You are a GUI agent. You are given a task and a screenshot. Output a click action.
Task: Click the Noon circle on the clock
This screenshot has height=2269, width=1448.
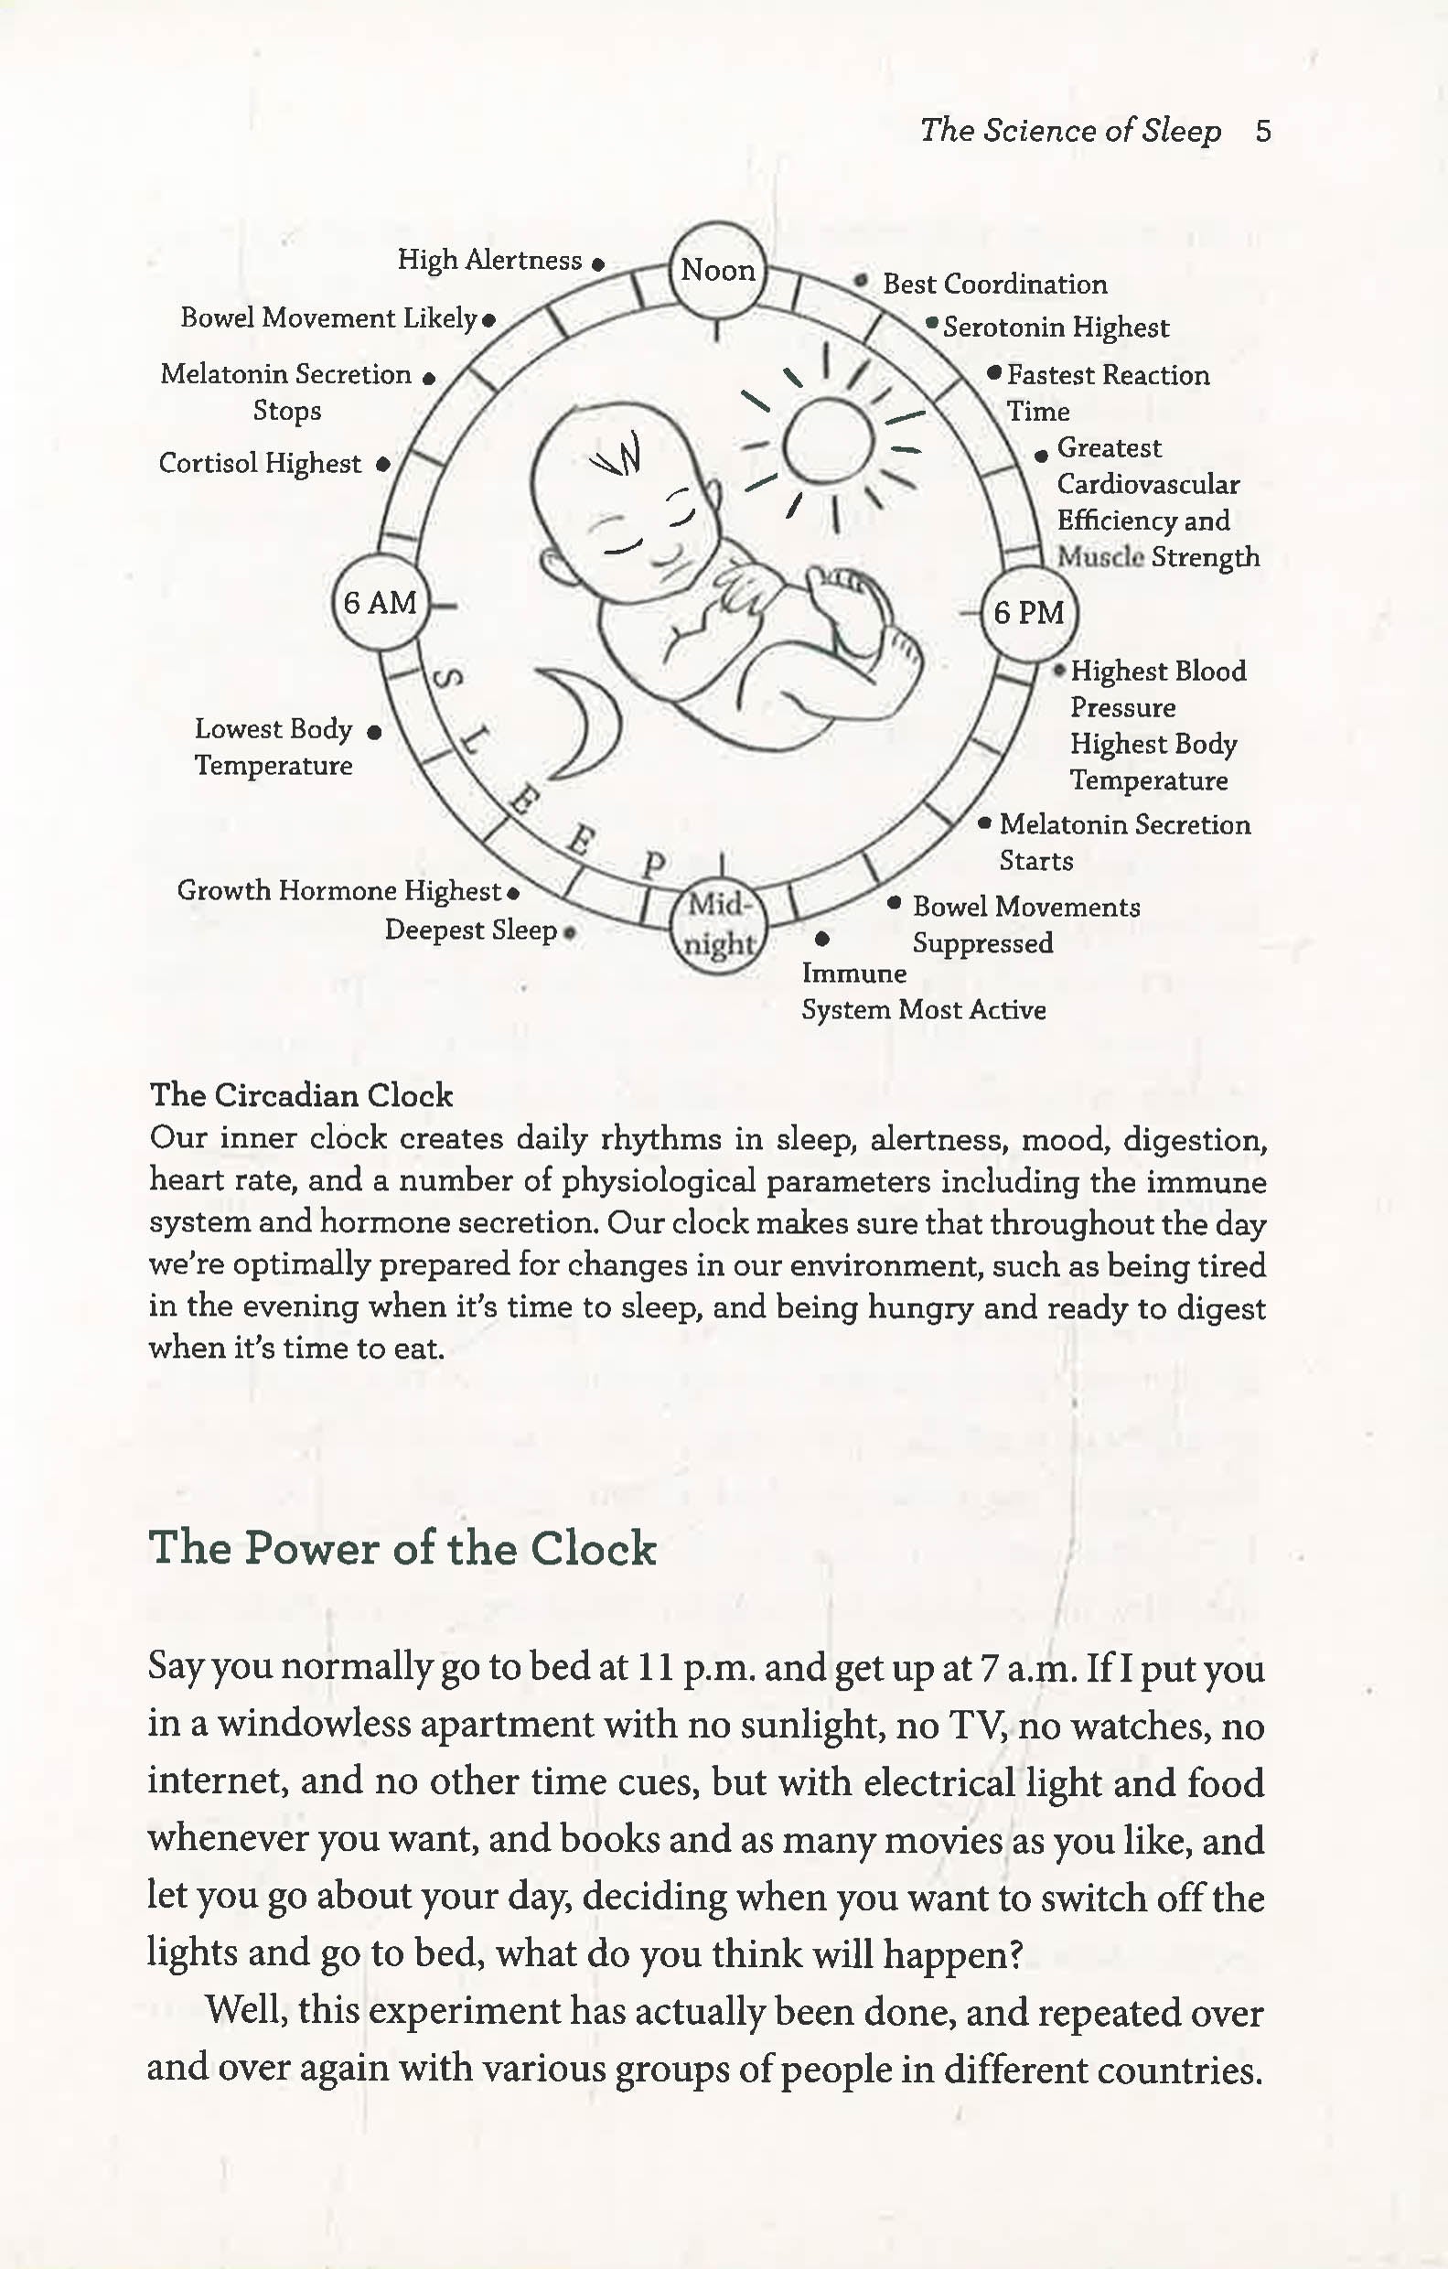(x=717, y=271)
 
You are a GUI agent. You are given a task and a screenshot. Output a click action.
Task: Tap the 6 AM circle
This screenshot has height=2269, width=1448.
(x=380, y=602)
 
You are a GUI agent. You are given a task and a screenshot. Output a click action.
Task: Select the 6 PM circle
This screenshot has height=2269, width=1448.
(x=1029, y=612)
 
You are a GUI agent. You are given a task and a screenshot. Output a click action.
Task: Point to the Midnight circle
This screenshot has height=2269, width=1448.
(x=719, y=924)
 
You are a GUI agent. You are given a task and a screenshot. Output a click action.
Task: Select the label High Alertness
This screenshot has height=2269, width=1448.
(x=489, y=260)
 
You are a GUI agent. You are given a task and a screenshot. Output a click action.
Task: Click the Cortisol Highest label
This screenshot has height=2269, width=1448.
(x=260, y=464)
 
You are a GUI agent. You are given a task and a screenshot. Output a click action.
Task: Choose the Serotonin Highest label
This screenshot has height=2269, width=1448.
(x=1056, y=328)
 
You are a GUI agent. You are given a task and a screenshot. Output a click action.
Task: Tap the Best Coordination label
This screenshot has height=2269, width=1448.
(x=994, y=285)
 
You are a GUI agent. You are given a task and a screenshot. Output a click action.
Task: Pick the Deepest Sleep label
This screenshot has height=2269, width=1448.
(x=470, y=931)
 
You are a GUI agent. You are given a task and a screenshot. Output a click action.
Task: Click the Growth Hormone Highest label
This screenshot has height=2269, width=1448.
(x=339, y=891)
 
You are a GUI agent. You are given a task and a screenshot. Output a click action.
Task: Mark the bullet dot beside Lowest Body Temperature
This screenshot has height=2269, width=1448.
(x=374, y=732)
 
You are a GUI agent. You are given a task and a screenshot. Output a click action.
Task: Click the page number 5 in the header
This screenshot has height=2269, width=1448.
(x=1263, y=131)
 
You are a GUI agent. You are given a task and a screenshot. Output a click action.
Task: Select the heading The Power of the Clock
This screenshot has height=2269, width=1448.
(x=402, y=1549)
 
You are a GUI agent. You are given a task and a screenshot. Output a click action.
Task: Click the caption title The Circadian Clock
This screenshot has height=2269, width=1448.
(x=302, y=1096)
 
